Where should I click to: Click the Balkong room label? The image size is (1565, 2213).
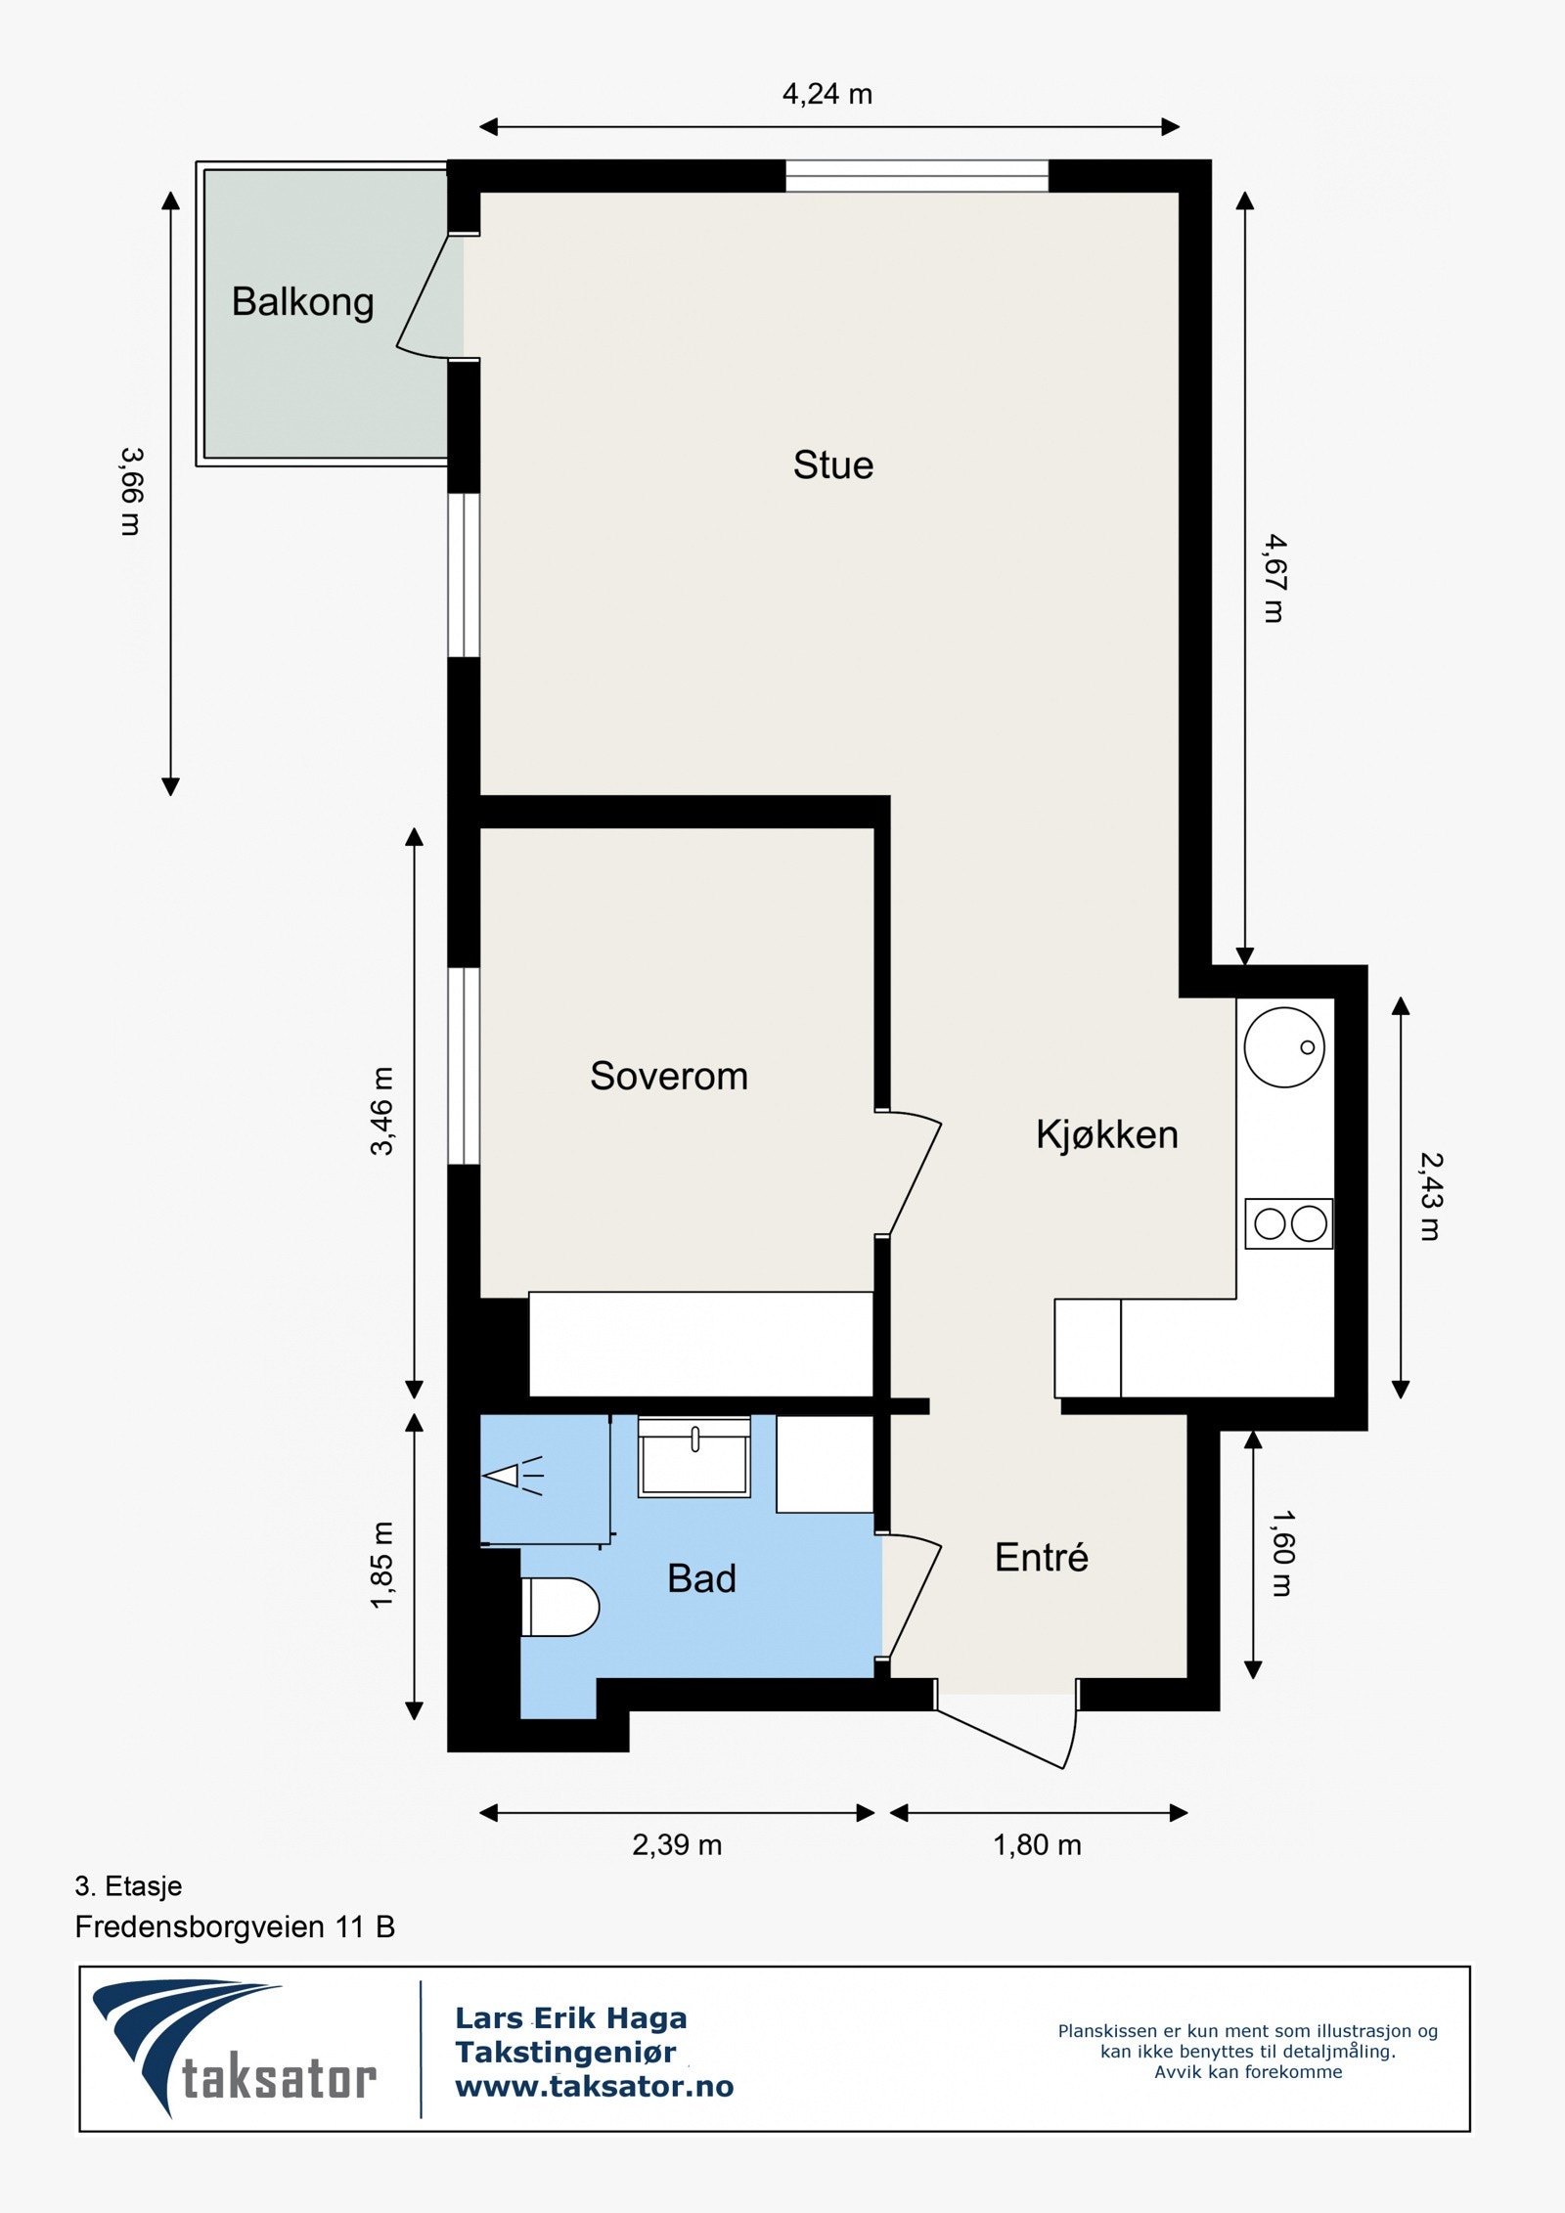tap(302, 302)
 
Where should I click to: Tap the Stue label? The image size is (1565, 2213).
tap(833, 465)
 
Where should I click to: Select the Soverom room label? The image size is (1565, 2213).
tap(669, 1076)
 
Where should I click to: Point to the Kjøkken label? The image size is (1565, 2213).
tap(1107, 1134)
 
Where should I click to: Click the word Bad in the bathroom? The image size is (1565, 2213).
tap(701, 1578)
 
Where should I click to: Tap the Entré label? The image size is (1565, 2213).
tap(1042, 1557)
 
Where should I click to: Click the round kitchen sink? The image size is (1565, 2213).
tap(1284, 1047)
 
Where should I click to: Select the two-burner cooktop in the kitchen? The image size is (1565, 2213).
tap(1289, 1223)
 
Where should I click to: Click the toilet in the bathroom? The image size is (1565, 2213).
tap(559, 1607)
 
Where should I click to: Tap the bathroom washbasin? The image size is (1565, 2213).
tap(694, 1456)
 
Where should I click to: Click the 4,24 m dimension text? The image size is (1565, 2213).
tap(827, 94)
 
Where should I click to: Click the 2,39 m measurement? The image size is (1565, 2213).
tap(677, 1844)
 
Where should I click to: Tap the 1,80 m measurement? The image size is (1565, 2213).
tap(1038, 1844)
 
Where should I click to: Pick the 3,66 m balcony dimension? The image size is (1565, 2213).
tap(131, 491)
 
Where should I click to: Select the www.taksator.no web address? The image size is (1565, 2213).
tap(595, 2087)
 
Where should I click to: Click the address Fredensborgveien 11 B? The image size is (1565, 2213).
tap(235, 1926)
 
